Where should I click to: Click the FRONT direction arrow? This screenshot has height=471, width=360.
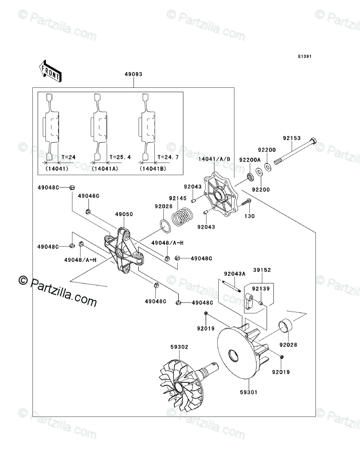click(x=50, y=70)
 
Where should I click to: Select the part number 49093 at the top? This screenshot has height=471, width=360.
click(x=134, y=74)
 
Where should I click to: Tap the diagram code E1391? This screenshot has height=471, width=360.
click(x=305, y=56)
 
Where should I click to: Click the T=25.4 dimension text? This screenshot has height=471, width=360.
click(x=120, y=157)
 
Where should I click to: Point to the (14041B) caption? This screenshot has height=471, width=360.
click(x=153, y=169)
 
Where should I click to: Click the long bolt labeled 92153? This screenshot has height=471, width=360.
click(x=294, y=154)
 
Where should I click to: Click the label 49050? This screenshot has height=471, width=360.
click(x=124, y=214)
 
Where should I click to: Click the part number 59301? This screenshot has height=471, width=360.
click(x=248, y=392)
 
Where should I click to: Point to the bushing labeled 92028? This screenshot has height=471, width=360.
click(x=286, y=326)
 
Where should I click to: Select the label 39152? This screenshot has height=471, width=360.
click(x=261, y=270)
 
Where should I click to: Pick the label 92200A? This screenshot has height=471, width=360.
click(x=250, y=160)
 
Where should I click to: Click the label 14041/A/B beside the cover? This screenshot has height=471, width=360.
click(x=214, y=159)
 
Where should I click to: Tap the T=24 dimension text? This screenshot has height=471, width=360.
click(x=68, y=157)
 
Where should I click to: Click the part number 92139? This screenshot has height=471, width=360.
click(x=261, y=289)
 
